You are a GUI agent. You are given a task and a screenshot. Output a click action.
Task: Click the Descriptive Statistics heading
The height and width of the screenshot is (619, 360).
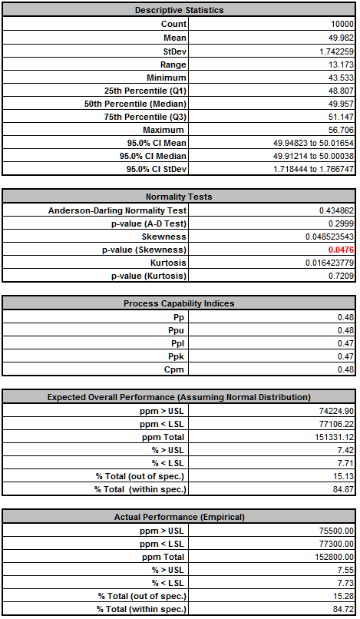[180, 11]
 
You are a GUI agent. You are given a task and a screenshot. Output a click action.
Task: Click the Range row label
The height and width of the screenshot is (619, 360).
[173, 64]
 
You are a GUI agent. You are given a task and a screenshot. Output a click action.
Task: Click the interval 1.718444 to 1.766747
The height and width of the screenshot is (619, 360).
[313, 169]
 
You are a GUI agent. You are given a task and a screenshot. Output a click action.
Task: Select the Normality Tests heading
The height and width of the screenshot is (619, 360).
[180, 197]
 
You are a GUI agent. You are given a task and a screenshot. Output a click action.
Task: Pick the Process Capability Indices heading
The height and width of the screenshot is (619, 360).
[180, 303]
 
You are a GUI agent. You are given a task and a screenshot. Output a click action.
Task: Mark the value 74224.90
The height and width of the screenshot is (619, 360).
[336, 410]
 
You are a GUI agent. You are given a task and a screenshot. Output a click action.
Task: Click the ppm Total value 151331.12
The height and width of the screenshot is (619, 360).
[334, 436]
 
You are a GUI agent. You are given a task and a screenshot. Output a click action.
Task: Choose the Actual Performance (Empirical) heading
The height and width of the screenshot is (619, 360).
[180, 516]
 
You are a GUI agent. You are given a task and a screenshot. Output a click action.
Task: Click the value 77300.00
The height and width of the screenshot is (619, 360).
[336, 543]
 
